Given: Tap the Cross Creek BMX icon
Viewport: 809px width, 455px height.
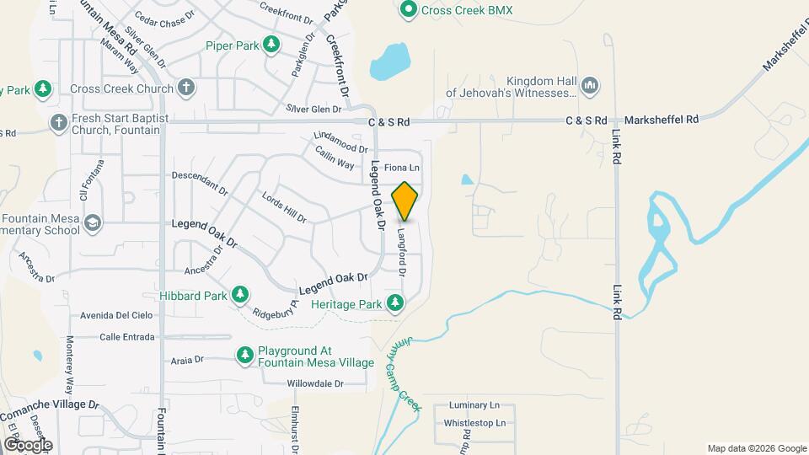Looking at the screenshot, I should tap(409, 10).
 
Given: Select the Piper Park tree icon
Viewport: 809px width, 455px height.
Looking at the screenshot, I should tap(271, 45).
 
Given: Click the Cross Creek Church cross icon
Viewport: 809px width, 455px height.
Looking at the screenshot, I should tap(186, 88).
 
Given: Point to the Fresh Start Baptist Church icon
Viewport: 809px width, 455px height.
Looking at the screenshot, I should tap(58, 123).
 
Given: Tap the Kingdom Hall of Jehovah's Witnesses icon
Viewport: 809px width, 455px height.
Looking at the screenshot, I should tap(590, 86).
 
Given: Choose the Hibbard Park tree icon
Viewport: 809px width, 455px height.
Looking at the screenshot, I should tap(241, 295).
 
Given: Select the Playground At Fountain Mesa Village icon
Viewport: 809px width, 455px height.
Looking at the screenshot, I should tap(245, 356).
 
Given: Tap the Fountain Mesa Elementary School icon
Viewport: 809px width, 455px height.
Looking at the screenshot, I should tap(92, 223).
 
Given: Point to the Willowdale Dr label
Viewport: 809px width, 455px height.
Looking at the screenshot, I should tap(315, 384).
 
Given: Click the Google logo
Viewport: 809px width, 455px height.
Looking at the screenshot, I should tap(27, 444).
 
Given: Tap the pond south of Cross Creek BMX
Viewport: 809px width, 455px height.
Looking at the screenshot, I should tap(388, 61).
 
